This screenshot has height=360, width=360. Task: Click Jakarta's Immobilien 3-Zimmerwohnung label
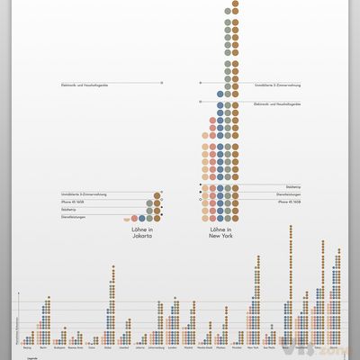[x=81, y=194]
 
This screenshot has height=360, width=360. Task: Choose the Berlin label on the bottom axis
[x=42, y=345]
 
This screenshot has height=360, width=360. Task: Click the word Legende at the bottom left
[x=32, y=357]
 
